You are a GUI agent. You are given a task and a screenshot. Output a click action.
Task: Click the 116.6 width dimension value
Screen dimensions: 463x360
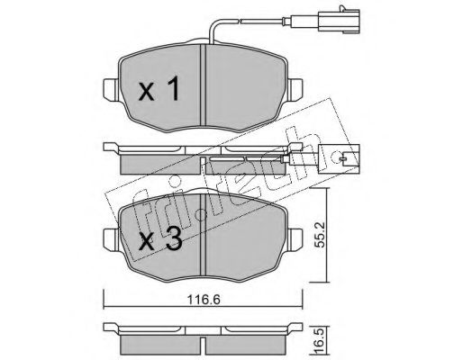204,299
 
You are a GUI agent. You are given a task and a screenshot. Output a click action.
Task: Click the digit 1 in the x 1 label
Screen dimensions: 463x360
172,88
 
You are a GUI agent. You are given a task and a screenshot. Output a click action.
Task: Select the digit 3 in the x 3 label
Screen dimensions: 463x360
174,238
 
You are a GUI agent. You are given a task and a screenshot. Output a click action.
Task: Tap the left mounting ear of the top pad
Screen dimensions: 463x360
111,88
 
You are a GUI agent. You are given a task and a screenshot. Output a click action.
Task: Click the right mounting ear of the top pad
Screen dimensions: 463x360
295,88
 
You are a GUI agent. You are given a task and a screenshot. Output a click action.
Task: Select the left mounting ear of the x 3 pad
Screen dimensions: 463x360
111,239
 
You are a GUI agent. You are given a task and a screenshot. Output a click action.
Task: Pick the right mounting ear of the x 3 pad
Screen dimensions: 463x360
295,239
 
